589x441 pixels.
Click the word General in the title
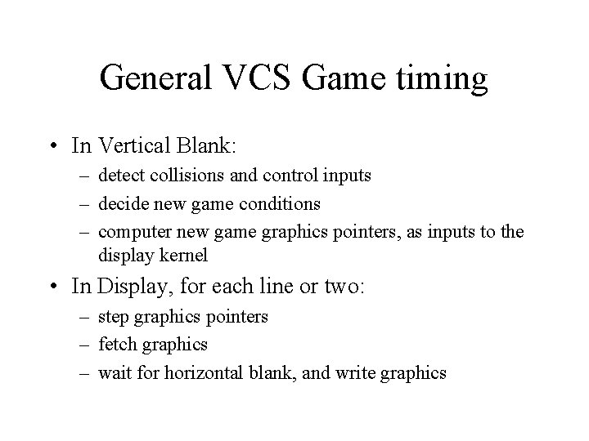click(156, 78)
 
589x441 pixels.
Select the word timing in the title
click(444, 78)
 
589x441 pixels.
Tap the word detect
click(119, 175)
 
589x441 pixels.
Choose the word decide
click(120, 203)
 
